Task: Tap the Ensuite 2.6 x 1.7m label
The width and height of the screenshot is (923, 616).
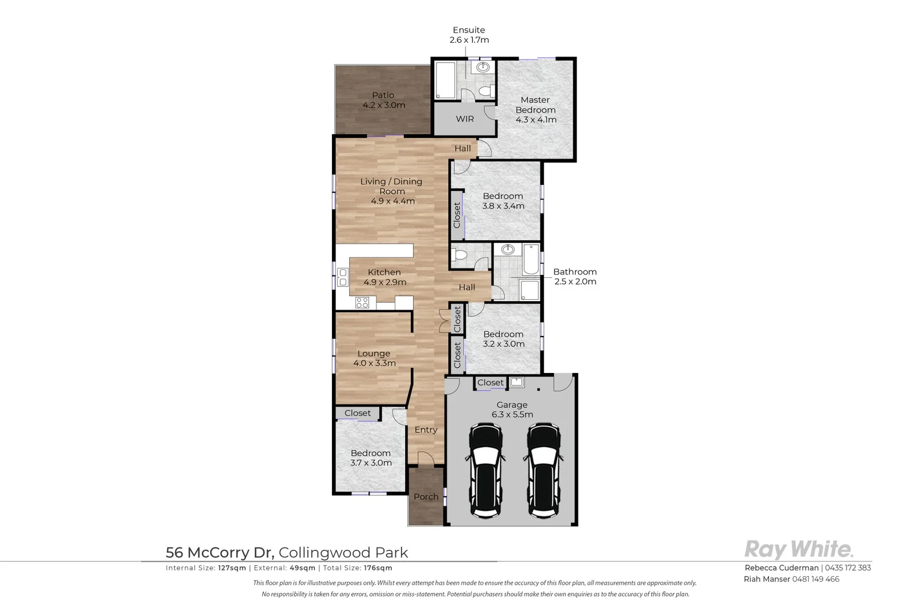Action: click(469, 35)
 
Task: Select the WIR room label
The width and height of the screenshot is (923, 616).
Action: click(464, 119)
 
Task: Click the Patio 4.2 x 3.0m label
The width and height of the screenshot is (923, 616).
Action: click(383, 100)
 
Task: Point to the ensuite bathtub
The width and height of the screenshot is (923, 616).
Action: click(445, 80)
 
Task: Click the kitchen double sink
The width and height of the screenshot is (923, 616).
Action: click(343, 277)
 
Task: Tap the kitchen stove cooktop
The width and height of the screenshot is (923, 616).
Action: click(362, 302)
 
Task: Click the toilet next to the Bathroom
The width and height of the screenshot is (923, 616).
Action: click(460, 255)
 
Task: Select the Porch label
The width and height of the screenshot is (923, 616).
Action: click(426, 497)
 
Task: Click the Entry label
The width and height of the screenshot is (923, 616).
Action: click(426, 430)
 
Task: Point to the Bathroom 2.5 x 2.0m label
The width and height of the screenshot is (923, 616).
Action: click(574, 277)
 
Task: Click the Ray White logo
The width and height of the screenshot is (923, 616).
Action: click(799, 549)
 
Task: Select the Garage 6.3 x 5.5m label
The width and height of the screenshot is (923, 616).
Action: click(512, 410)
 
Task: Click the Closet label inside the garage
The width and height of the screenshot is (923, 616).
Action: click(490, 383)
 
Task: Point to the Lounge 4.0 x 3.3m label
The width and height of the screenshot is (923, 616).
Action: click(374, 358)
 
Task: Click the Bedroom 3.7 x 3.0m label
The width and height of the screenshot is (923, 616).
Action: click(371, 458)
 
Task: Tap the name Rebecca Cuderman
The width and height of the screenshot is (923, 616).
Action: click(781, 568)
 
